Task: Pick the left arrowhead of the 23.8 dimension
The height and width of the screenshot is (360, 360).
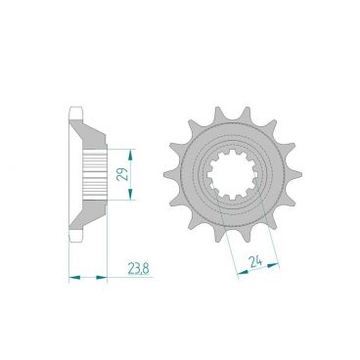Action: coord(72,278)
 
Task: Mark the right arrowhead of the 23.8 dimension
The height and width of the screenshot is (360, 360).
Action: coord(105,278)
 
